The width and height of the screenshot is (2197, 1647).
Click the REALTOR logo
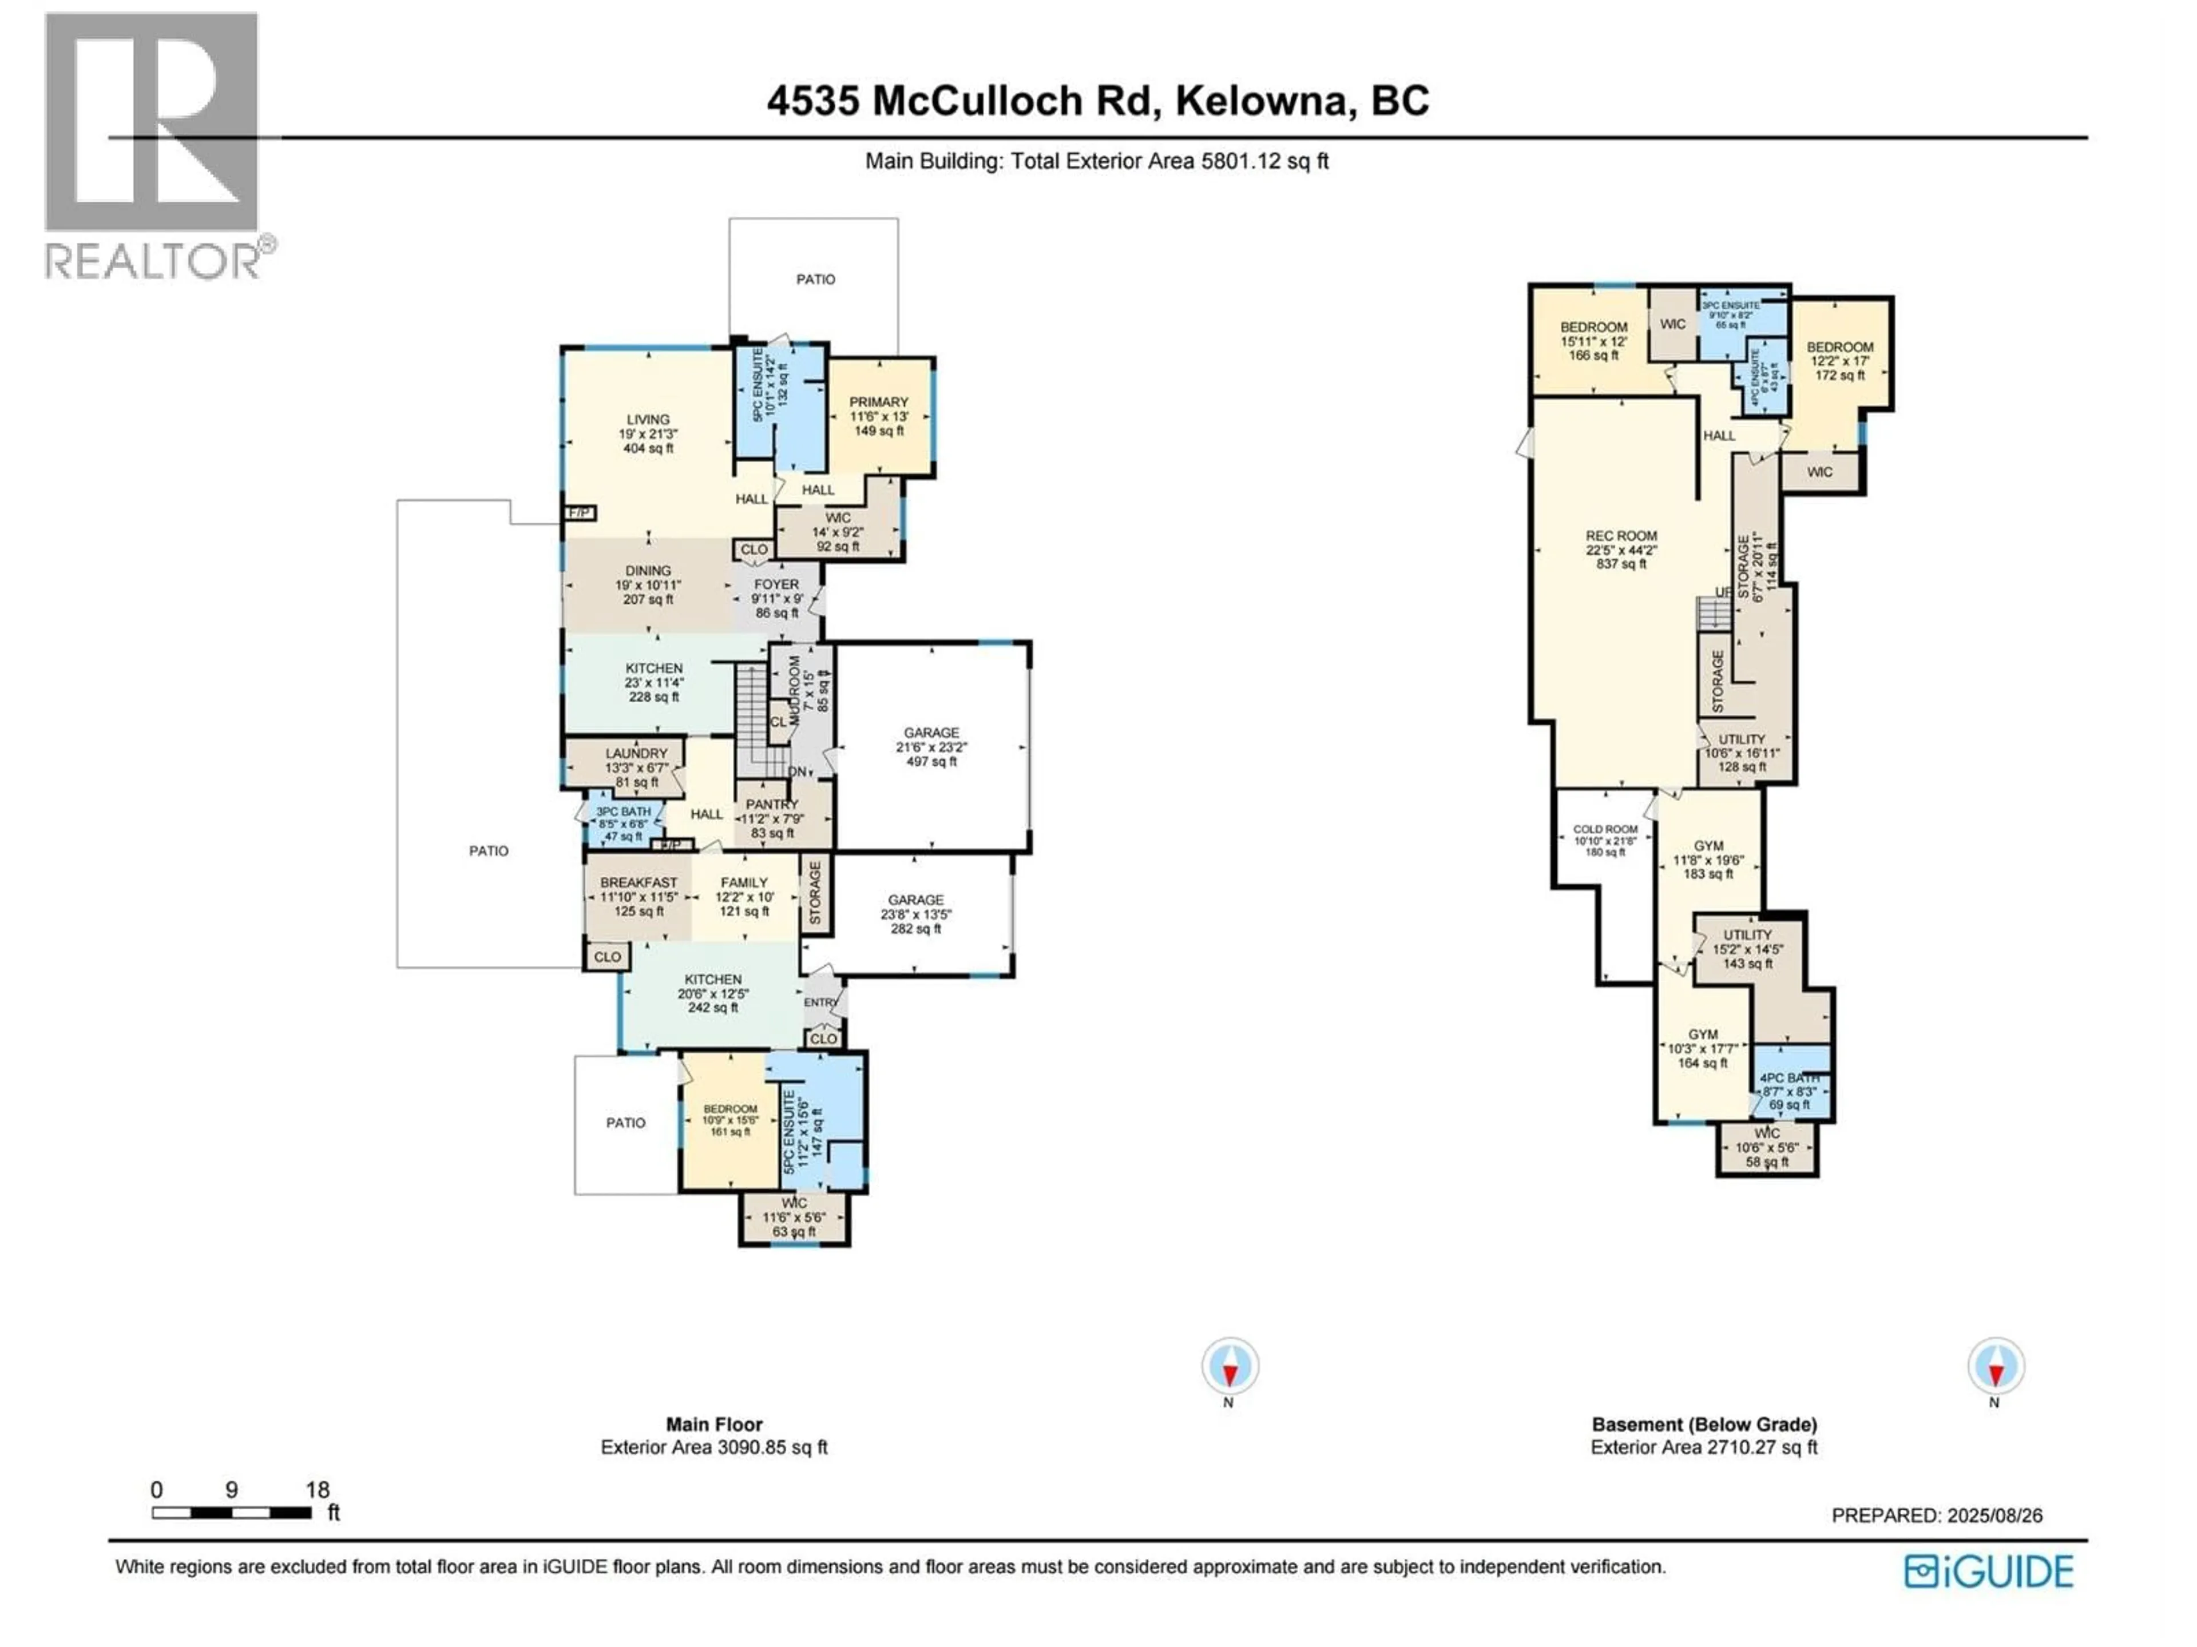click(x=154, y=144)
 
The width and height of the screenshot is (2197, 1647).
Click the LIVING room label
click(x=648, y=420)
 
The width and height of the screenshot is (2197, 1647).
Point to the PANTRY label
click(x=772, y=804)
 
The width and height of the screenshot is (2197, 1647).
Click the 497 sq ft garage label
click(x=931, y=746)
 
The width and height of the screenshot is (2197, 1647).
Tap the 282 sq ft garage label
click(x=916, y=913)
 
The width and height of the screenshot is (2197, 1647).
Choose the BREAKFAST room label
click(x=639, y=882)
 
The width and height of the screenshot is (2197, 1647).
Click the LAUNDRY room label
click(x=637, y=754)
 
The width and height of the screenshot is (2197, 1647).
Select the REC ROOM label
click(x=1621, y=536)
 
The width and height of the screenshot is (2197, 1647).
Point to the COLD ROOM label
click(x=1605, y=829)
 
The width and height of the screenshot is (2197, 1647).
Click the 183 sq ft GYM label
click(x=1708, y=846)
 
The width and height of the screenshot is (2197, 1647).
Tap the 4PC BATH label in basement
click(x=1789, y=1078)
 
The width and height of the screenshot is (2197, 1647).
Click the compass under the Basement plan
click(x=1994, y=1366)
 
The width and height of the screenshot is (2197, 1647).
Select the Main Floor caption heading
click(x=714, y=1423)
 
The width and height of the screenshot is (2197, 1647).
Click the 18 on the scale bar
click(x=317, y=1489)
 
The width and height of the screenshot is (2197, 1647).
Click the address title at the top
click(x=1097, y=101)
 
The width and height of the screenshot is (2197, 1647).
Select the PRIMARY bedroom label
click(x=878, y=402)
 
